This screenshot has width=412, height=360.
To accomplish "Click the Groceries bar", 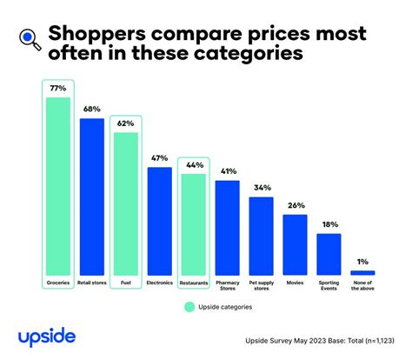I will (x=57, y=186).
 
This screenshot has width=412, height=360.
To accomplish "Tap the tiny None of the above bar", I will (x=362, y=273).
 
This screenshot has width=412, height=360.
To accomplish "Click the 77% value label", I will (x=57, y=89).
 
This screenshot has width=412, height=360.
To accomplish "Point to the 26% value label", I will (x=295, y=206).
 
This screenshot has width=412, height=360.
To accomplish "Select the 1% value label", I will (x=362, y=262).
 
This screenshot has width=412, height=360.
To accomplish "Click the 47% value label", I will (x=159, y=159).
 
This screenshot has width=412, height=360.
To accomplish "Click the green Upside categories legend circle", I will (x=189, y=306).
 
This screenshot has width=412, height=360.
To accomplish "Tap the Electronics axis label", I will (x=159, y=283).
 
